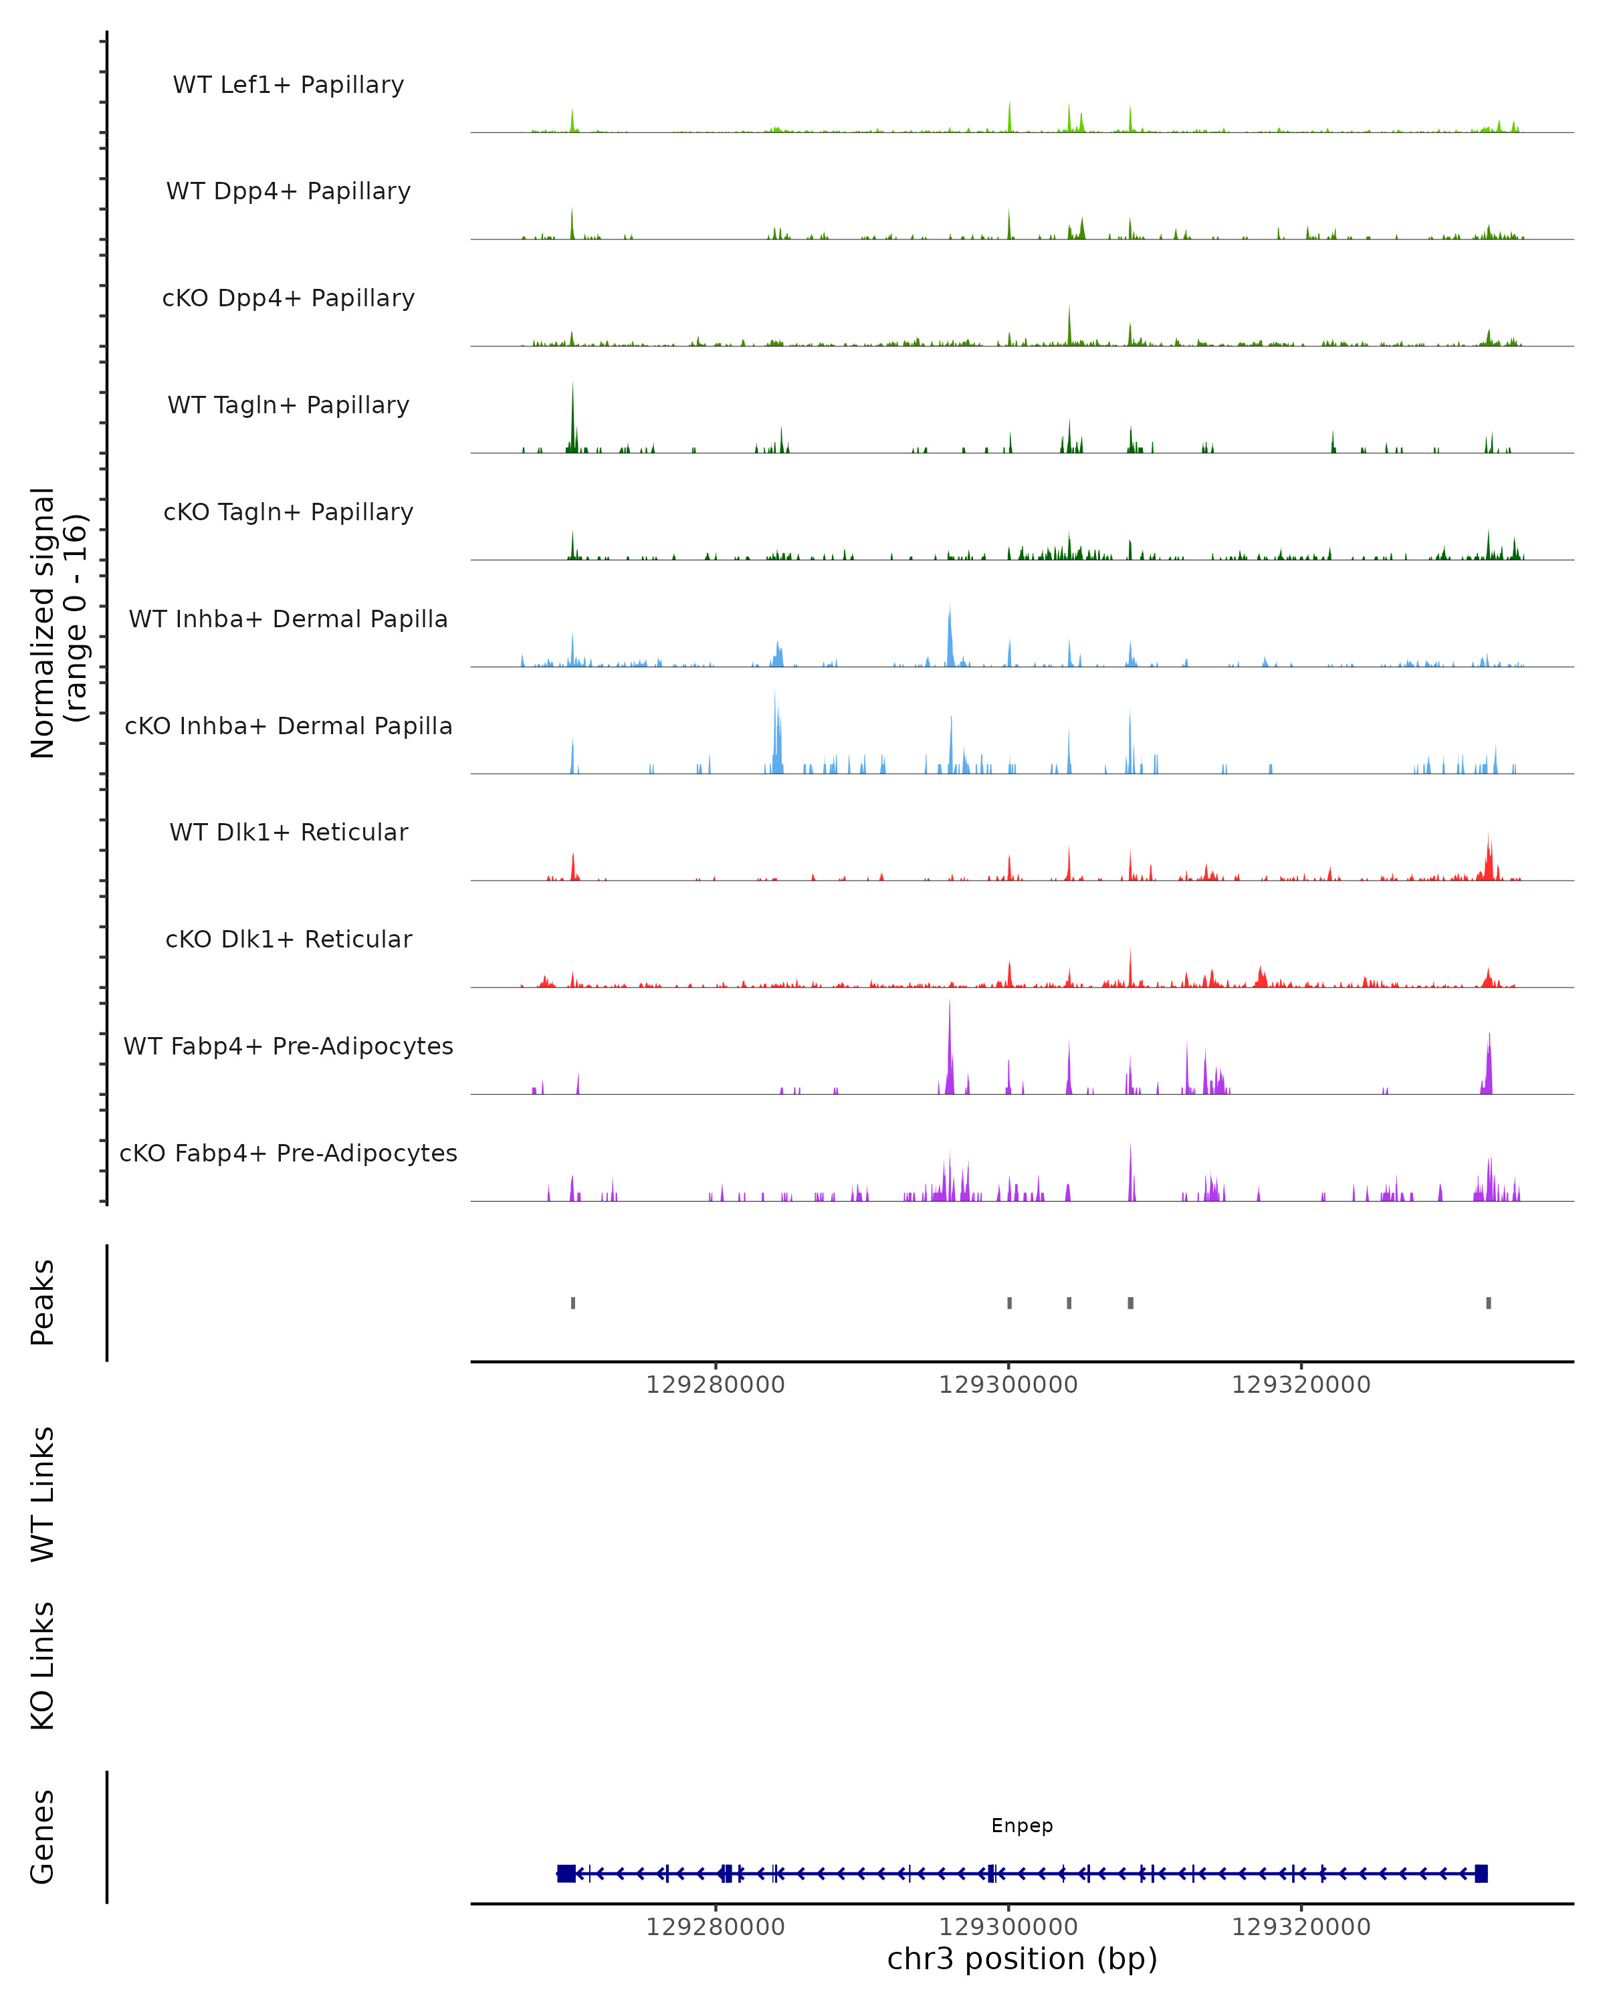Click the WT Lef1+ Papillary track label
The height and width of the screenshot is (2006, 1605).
pos(288,85)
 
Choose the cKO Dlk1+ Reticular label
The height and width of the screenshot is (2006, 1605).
pos(288,939)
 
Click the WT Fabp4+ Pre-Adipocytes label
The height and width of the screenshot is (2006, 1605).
pos(288,1046)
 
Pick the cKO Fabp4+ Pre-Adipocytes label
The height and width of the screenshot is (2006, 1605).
pos(288,1153)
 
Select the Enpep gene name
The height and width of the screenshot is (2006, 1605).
pos(1022,1825)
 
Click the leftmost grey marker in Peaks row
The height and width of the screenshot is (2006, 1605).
pos(573,1303)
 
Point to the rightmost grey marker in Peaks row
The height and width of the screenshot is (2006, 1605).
pos(1489,1303)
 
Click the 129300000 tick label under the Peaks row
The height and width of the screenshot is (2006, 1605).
pos(1008,1385)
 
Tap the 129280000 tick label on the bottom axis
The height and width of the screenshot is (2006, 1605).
pos(716,1927)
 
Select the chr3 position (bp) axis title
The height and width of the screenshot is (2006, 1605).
pos(1022,1959)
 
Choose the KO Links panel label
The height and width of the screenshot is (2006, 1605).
pos(43,1666)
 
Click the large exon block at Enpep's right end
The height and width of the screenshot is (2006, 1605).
pos(1481,1874)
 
